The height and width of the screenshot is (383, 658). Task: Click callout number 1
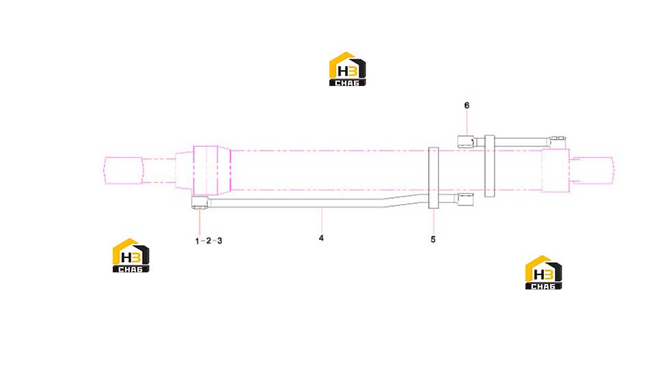tap(197, 241)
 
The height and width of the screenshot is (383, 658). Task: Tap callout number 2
tap(208, 241)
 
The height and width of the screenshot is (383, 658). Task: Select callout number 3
tap(219, 241)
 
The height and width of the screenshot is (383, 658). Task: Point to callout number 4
tap(321, 238)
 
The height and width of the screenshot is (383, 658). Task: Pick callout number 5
tap(433, 240)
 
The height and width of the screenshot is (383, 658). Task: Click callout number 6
tap(467, 105)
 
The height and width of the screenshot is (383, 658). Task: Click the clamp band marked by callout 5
tap(433, 178)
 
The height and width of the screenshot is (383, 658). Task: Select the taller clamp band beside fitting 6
tap(490, 166)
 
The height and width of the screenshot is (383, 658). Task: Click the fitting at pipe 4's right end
tap(466, 200)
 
